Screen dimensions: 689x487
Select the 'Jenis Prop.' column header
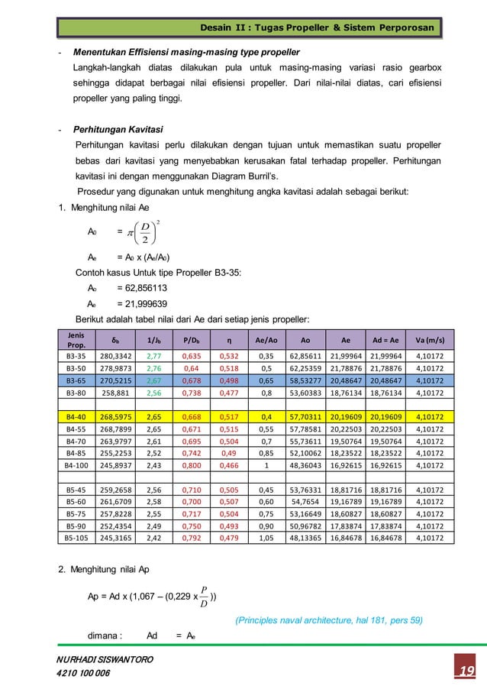pyautogui.click(x=76, y=338)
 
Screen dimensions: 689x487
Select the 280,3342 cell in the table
pyautogui.click(x=116, y=355)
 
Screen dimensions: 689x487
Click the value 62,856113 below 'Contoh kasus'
pyautogui.click(x=142, y=288)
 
